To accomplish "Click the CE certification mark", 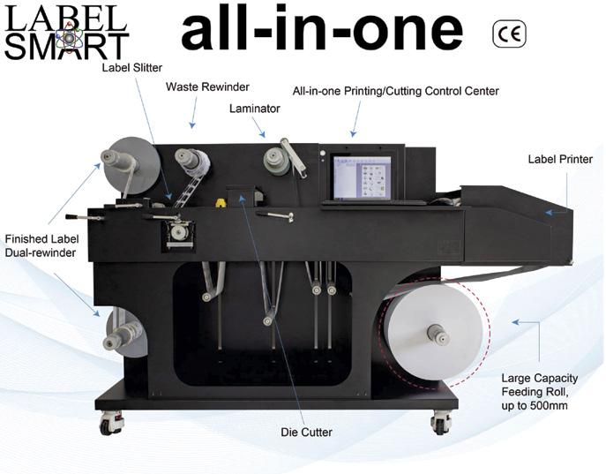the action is [x=509, y=35].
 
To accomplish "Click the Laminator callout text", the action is [x=255, y=109].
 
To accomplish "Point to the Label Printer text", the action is [x=558, y=160].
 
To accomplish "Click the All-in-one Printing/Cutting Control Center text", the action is [x=396, y=91].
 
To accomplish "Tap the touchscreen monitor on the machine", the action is [x=361, y=179].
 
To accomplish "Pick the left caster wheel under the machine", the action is [x=111, y=424].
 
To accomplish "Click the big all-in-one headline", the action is [x=322, y=30].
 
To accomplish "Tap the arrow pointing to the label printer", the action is [x=556, y=212].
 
